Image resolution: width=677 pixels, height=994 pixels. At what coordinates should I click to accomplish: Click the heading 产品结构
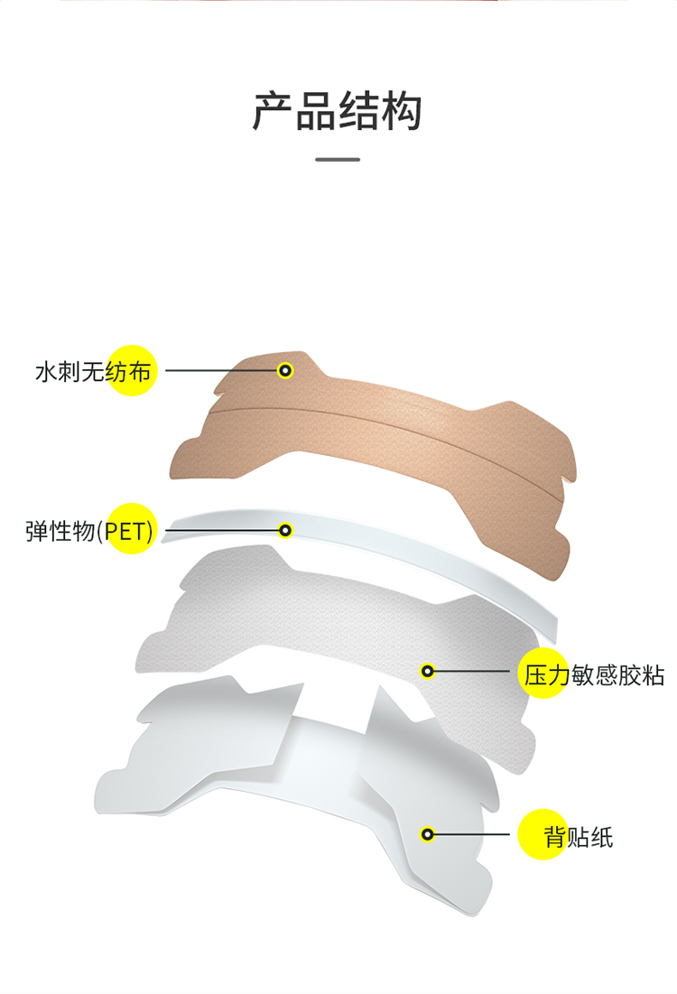(x=338, y=111)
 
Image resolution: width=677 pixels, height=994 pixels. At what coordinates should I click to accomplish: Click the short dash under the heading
(x=338, y=160)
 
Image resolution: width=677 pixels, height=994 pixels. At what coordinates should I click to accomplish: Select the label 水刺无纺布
(x=93, y=371)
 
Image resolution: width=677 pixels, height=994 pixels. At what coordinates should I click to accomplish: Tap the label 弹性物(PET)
(x=89, y=530)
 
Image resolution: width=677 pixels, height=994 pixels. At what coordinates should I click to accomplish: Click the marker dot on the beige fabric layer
(x=285, y=370)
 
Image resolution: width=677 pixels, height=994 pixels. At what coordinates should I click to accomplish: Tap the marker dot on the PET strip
(x=286, y=530)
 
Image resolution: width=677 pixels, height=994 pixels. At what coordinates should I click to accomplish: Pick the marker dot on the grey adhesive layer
(x=428, y=671)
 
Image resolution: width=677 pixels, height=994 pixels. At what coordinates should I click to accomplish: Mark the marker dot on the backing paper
(x=428, y=834)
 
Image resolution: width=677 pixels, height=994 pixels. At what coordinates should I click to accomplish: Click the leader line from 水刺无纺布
(x=221, y=370)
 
